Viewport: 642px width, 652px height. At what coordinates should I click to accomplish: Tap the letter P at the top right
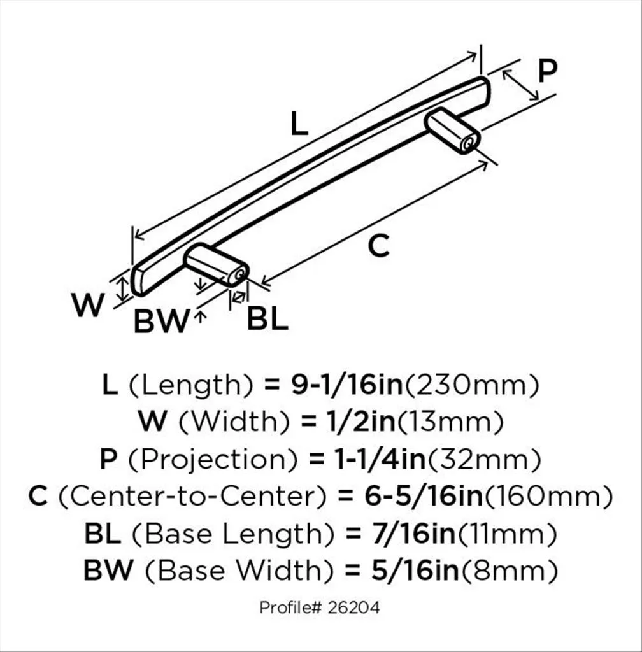pyautogui.click(x=546, y=71)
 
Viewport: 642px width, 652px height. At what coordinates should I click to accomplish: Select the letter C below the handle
pyautogui.click(x=379, y=245)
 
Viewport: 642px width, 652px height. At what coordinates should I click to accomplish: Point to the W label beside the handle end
pyautogui.click(x=87, y=306)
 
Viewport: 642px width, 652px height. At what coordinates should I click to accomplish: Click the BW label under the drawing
pyautogui.click(x=161, y=322)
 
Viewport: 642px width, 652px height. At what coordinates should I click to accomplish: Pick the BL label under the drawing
pyautogui.click(x=267, y=319)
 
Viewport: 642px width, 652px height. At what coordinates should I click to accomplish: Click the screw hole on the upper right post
pyautogui.click(x=469, y=143)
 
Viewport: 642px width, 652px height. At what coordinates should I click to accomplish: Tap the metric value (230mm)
pyautogui.click(x=473, y=385)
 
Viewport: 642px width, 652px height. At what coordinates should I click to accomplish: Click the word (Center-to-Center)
pyautogui.click(x=188, y=496)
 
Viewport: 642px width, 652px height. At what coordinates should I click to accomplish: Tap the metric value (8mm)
pyautogui.click(x=509, y=571)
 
